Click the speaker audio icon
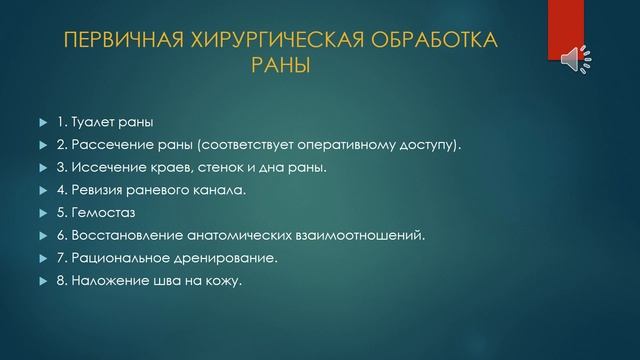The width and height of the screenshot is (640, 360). click(576, 58)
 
